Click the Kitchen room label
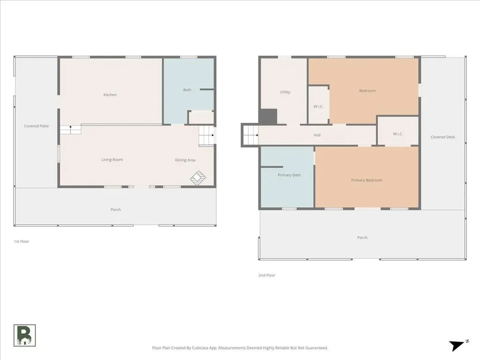coord(110,95)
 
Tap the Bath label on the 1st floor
coord(187,90)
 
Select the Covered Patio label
coord(37,126)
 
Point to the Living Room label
coord(112,160)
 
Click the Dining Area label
coord(185,160)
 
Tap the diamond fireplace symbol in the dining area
coord(198,178)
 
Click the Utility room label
coord(285,92)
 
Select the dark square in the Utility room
coord(268,117)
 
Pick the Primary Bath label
coord(289,175)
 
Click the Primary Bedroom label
coord(367,180)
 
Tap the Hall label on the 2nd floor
coord(317,135)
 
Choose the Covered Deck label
coord(443,137)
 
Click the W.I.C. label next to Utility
coord(318,106)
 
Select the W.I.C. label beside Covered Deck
coord(398,134)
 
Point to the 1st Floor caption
coord(22,241)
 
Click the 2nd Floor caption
coord(267,276)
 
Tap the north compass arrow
coord(457,345)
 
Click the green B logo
coord(24,336)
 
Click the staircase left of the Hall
coord(251,135)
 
